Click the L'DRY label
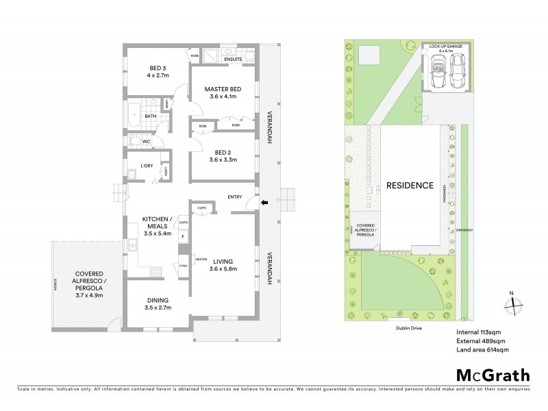pyautogui.click(x=146, y=166)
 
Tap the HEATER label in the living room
pyautogui.click(x=201, y=259)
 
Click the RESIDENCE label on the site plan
pyautogui.click(x=410, y=185)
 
